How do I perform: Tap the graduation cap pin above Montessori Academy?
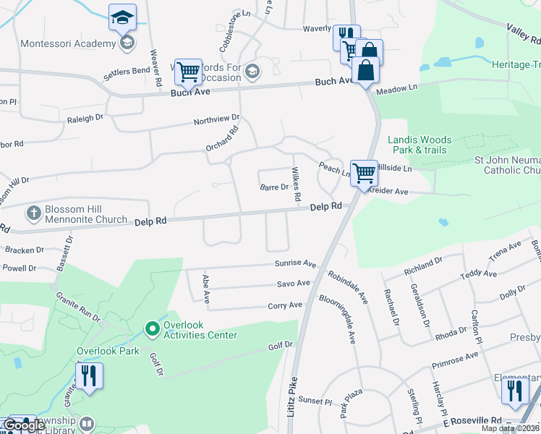[x=122, y=17]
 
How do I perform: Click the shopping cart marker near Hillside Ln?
[x=364, y=173]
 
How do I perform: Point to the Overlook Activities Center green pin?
[x=152, y=330]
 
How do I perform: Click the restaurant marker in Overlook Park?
[x=89, y=376]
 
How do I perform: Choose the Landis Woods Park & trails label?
[x=419, y=145]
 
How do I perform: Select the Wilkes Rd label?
[x=295, y=185]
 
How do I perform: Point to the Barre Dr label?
[x=275, y=187]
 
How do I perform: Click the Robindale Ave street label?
[x=347, y=286]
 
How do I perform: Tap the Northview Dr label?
[x=216, y=119]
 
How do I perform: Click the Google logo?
[x=24, y=426]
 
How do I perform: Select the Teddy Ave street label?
[x=480, y=274]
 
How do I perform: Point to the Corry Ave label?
[x=285, y=306]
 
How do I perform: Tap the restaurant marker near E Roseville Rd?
[x=514, y=390]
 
